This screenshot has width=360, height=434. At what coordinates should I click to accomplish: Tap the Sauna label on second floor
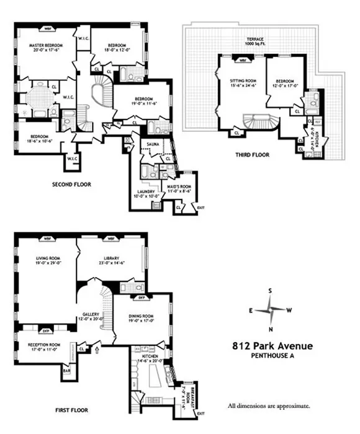point(151,144)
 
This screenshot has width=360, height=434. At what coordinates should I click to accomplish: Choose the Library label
point(112,260)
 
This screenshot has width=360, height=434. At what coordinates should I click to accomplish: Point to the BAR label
point(66,371)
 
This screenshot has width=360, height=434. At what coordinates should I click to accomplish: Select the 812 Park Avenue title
point(272,346)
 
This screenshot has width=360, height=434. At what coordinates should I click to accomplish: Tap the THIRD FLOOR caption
point(252,154)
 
